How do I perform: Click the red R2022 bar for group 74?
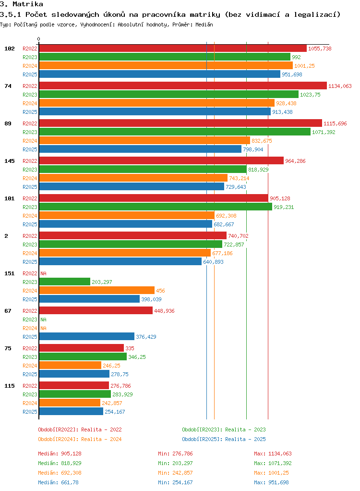[183, 86]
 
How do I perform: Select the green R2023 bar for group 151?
[65, 282]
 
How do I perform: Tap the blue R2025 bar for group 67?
[86, 337]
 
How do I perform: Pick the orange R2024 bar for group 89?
[145, 141]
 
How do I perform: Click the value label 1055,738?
[320, 49]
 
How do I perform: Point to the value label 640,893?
[213, 262]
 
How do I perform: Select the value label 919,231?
[284, 207]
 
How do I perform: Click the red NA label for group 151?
[44, 273]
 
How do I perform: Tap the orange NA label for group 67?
[44, 328]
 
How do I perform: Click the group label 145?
[10, 161]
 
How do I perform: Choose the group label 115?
[10, 386]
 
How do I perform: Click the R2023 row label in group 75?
[30, 357]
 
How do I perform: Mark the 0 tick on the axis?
[38, 39]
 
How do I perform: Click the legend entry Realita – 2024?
[80, 439]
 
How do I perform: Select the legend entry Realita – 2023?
[224, 430]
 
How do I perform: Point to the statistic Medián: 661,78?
[58, 482]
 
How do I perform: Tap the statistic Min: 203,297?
[175, 463]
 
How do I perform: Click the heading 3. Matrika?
[22, 4]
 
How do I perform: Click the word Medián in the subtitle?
[204, 25]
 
